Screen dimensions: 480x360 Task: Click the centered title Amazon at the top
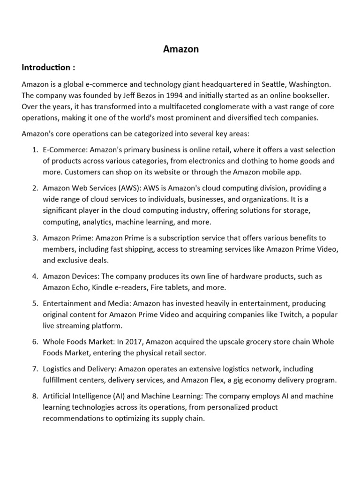pyautogui.click(x=180, y=49)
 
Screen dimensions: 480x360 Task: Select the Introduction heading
pyautogui.click(x=48, y=67)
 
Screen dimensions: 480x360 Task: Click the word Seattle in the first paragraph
pyautogui.click(x=274, y=84)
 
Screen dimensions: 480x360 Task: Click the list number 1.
pyautogui.click(x=35, y=150)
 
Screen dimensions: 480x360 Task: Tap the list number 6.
pyautogui.click(x=35, y=341)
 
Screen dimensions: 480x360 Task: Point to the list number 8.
pyautogui.click(x=35, y=396)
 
